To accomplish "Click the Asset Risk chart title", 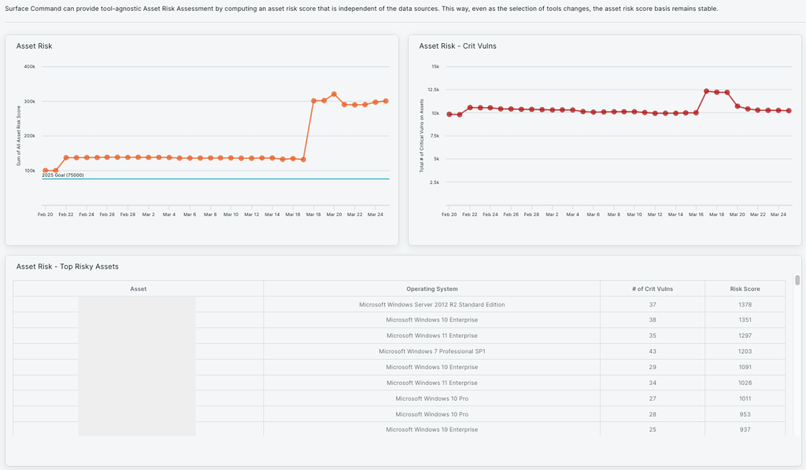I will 34,46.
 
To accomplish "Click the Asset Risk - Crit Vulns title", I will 457,46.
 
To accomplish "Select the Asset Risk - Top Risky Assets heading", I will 67,267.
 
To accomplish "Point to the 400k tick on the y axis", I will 30,67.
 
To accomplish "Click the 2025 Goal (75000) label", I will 63,175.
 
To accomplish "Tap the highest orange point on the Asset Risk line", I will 334,94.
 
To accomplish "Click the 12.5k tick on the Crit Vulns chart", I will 432,90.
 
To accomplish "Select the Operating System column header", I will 431,288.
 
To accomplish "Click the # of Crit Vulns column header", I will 652,288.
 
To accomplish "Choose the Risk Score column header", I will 745,288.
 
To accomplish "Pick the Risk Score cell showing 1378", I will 745,304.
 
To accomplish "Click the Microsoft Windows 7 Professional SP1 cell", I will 431,351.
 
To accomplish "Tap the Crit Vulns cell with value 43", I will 652,351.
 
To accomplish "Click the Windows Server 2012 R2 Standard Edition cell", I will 431,304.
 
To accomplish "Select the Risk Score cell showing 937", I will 745,429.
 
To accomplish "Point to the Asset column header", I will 138,288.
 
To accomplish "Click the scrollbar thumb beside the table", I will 797,280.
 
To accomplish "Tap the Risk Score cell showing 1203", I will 745,351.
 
